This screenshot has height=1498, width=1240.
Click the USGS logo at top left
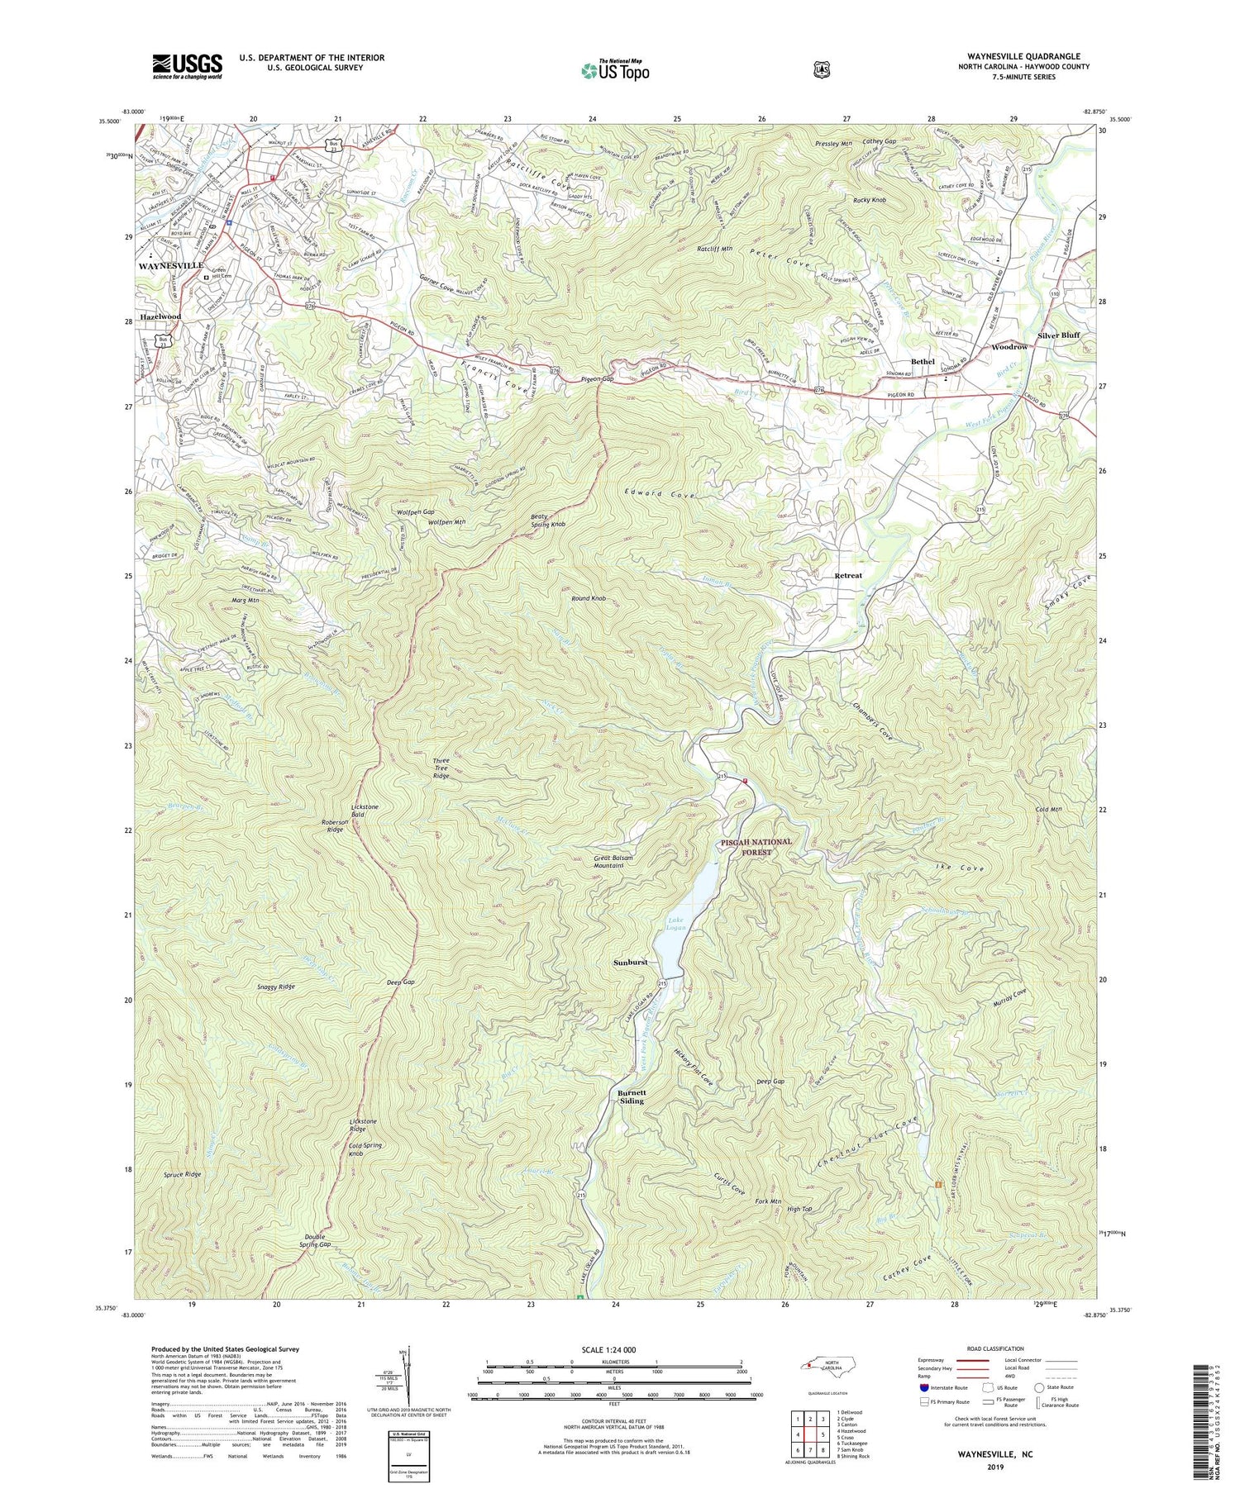click(187, 65)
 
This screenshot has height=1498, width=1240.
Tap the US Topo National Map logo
click(615, 69)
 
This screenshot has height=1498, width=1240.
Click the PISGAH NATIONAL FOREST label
click(756, 846)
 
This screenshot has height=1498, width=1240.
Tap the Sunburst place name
click(631, 963)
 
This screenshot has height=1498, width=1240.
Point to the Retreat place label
click(847, 575)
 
